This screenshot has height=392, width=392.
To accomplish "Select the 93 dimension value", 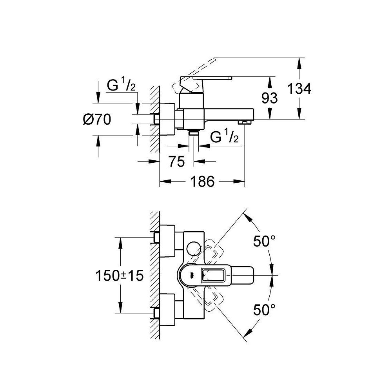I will pos(269,98).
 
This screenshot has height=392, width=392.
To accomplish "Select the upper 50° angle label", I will pos(262,242).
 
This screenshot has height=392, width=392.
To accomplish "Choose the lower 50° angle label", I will pos(262,311).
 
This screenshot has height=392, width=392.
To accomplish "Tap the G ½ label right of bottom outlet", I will pos(225,137).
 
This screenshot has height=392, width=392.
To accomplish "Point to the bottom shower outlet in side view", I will pos(194,134).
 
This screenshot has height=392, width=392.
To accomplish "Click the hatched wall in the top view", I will pos(154,274).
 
